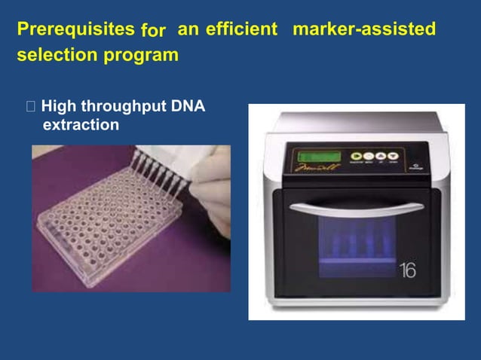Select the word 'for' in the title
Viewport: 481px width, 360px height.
pos(153,32)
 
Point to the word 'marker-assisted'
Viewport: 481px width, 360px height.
pos(363,30)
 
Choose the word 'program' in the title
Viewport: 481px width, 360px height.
pos(147,56)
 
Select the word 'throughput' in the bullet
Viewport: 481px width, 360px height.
pos(124,107)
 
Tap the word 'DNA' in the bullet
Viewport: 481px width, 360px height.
pos(188,106)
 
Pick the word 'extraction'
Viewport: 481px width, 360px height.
pos(81,124)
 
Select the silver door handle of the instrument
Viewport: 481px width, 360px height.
pos(353,208)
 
